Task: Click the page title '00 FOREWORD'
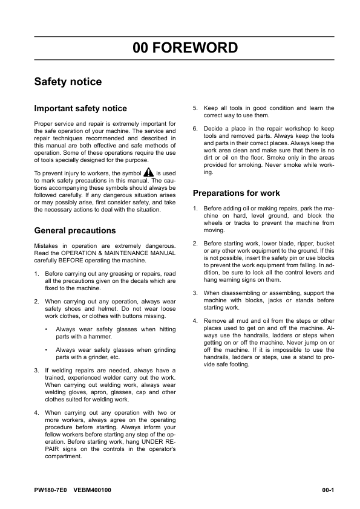tap(185, 48)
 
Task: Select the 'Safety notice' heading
tap(68, 82)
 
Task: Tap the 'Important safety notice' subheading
tap(80, 109)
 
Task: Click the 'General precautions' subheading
tap(75, 230)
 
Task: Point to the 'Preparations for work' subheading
tap(236, 193)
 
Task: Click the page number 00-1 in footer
tap(328, 490)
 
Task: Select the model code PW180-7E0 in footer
tap(51, 490)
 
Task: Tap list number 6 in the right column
tap(195, 129)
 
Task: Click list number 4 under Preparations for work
tap(195, 320)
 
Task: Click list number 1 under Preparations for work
tap(195, 209)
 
